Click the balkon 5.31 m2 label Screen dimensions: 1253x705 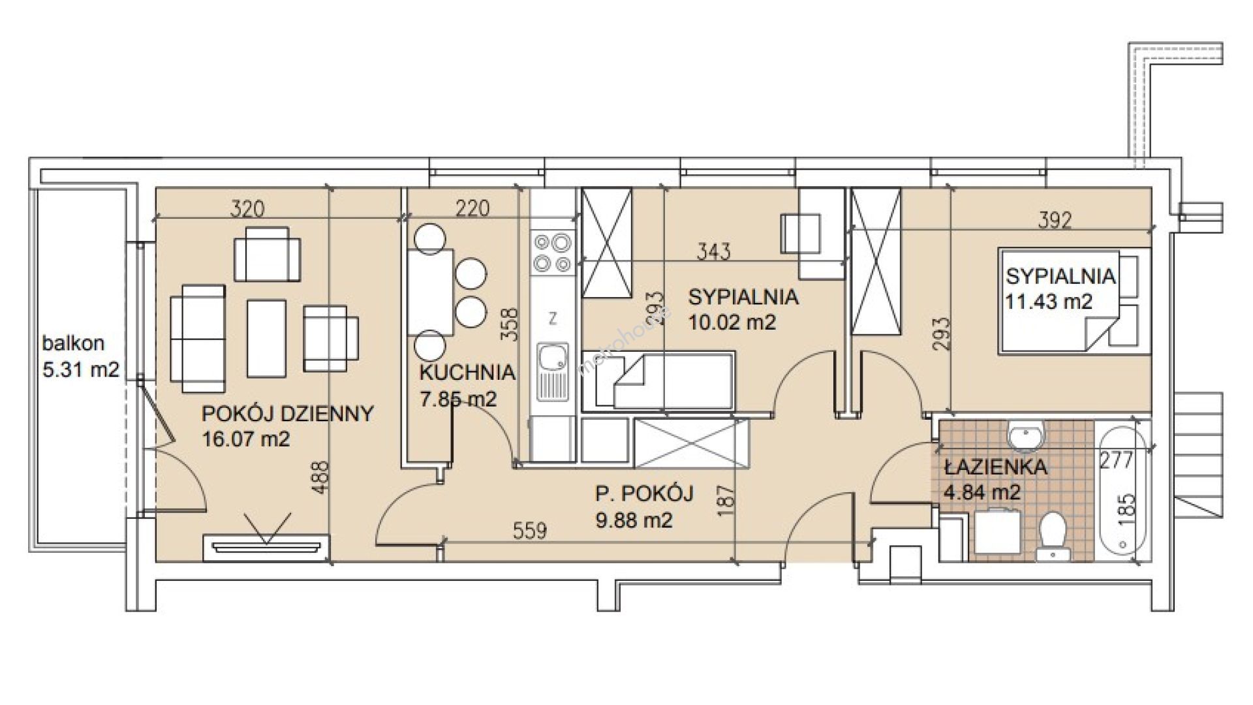point(81,356)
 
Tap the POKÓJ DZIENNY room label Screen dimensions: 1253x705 point(288,414)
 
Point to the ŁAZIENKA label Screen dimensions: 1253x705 point(995,467)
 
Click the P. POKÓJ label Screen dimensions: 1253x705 point(644,494)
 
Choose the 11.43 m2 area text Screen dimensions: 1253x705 point(1049,301)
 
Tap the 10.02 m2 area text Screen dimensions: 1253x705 point(732,322)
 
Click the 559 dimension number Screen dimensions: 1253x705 point(529,531)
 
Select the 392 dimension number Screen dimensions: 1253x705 point(1055,221)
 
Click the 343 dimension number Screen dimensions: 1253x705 point(713,251)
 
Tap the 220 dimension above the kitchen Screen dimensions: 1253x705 point(472,208)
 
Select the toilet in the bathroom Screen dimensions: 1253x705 point(1051,535)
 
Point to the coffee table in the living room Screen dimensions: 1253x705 point(266,338)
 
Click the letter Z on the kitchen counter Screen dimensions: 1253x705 point(553,319)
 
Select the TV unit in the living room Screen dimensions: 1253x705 point(266,547)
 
